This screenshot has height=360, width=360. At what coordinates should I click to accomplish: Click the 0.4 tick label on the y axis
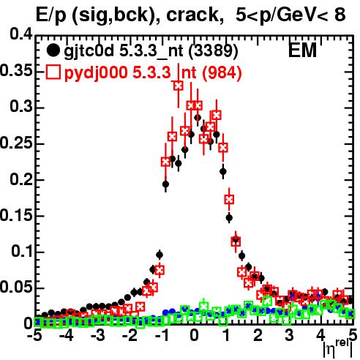(x=21, y=34)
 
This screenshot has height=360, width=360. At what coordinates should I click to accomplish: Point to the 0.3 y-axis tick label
(x=21, y=106)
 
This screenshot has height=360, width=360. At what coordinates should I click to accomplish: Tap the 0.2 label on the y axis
(x=21, y=179)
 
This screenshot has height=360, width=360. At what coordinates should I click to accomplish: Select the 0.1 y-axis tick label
(x=22, y=251)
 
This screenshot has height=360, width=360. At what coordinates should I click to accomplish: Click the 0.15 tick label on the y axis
(x=16, y=215)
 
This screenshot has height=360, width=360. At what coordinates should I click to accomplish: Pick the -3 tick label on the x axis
(x=98, y=336)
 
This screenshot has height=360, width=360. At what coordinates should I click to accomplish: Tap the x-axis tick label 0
(x=194, y=336)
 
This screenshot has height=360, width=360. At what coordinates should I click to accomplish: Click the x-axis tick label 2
(x=258, y=336)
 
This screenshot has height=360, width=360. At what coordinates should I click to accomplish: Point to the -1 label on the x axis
(x=162, y=336)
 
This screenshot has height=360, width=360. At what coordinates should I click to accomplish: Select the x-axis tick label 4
(x=321, y=336)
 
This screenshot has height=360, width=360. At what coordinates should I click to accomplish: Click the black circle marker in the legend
(x=53, y=50)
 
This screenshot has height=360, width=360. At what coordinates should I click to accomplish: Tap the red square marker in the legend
(x=53, y=72)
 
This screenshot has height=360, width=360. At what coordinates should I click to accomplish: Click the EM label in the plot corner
(x=302, y=50)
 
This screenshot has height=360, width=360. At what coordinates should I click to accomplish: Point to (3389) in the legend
(x=213, y=50)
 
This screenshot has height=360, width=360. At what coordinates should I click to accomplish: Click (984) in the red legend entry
(x=222, y=72)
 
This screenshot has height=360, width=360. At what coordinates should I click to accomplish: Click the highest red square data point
(x=179, y=86)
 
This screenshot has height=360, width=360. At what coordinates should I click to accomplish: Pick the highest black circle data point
(x=198, y=118)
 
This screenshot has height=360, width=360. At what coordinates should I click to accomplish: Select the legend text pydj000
(x=96, y=73)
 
